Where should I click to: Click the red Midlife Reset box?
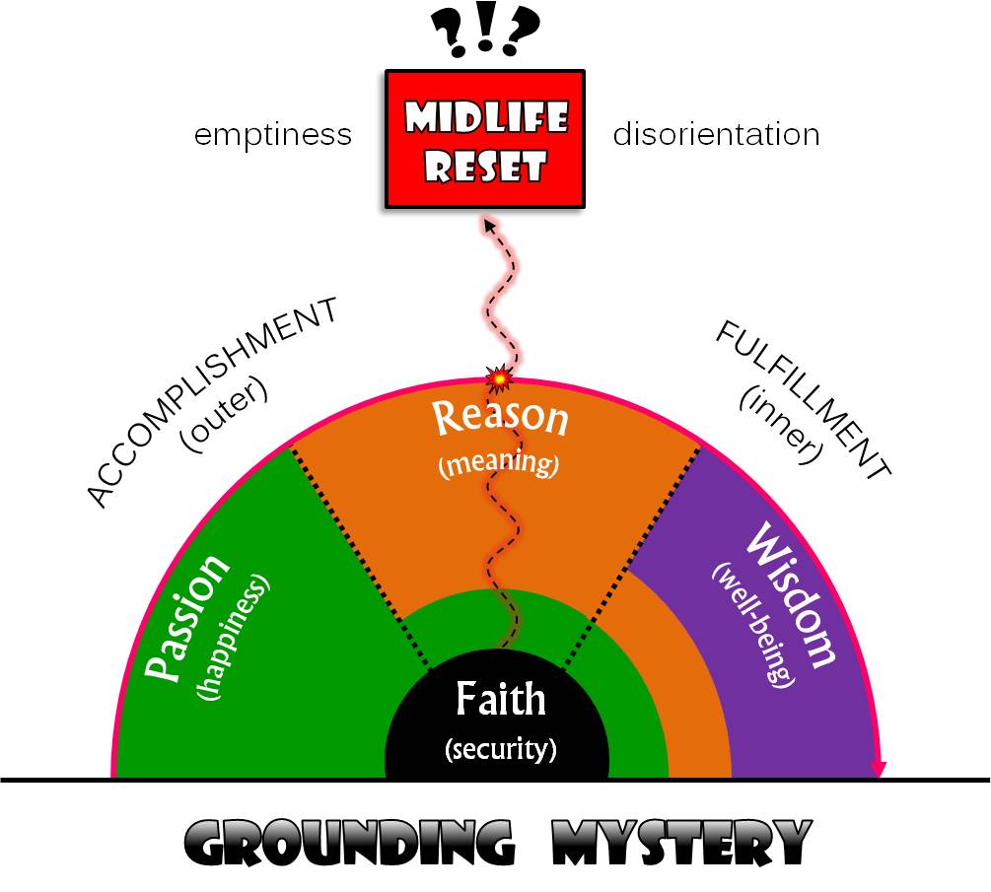tap(485, 138)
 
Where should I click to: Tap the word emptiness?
tap(273, 134)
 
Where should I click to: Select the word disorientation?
tap(716, 134)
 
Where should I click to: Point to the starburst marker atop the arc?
tap(500, 377)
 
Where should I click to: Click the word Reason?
tap(501, 417)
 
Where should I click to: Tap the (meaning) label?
tap(498, 461)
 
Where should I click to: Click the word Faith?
tap(500, 701)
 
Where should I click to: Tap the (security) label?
tap(501, 749)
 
